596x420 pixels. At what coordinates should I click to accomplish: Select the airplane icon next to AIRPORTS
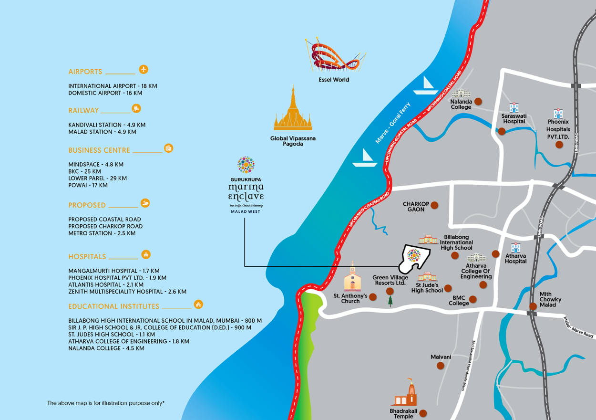[x=144, y=69]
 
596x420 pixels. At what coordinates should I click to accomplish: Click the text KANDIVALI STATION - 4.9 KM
[x=107, y=125]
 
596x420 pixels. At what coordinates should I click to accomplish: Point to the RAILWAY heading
[x=83, y=111]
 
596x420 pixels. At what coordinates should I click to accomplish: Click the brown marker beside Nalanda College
[x=478, y=101]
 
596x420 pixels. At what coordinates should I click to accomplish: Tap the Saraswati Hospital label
[x=514, y=118]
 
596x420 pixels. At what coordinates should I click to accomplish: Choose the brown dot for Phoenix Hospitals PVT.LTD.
[x=559, y=144]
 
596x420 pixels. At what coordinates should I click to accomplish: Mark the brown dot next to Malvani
[x=440, y=366]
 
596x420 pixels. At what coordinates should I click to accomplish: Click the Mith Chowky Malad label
[x=550, y=300]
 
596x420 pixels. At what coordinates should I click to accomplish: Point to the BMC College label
[x=459, y=300]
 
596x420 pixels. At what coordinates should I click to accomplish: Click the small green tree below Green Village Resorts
[x=390, y=302]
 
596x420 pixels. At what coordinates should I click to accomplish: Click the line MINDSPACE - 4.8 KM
[x=96, y=165]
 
